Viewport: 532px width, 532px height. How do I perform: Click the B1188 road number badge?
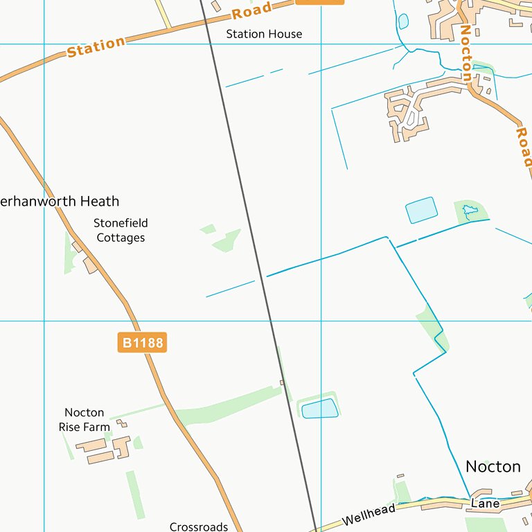(142, 342)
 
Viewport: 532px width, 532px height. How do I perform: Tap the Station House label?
(264, 34)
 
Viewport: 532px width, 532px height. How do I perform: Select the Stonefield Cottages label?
(121, 230)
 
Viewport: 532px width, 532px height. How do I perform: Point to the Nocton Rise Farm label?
(84, 420)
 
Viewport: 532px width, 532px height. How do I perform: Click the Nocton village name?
(493, 466)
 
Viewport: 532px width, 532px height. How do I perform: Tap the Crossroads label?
(199, 526)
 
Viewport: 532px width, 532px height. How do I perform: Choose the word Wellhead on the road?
(369, 516)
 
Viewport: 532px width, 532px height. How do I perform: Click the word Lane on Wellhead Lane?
(485, 504)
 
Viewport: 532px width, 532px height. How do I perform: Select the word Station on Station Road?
(96, 47)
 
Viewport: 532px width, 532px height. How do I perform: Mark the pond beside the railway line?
(320, 409)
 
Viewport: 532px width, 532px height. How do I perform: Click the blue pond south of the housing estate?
(421, 210)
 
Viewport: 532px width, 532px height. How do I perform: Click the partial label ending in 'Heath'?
(60, 202)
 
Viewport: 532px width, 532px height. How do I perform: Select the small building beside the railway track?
(282, 382)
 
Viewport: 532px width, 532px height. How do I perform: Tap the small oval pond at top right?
(403, 21)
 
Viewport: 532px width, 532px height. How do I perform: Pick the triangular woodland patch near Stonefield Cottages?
(227, 240)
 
